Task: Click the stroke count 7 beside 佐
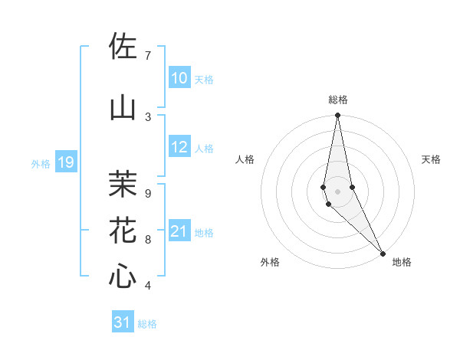coord(148,55)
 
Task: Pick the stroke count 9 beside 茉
coord(148,193)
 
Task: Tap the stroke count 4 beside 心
coord(148,286)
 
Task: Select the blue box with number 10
coord(179,77)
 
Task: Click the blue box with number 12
coord(179,147)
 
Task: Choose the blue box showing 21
coord(179,231)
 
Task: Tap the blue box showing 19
coord(65,162)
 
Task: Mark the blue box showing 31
coord(123,322)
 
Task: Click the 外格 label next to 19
coord(41,163)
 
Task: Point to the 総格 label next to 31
coord(147,324)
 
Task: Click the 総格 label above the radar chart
coord(337,100)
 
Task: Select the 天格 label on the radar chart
coord(431,159)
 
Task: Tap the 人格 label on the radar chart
coord(245,159)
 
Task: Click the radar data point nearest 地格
coord(383,253)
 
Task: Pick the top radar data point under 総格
coord(337,116)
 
